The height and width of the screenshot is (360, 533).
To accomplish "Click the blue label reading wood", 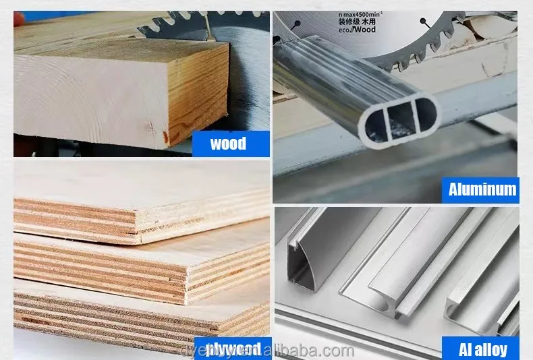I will point(228,144).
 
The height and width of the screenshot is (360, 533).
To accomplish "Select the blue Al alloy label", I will point(482,349).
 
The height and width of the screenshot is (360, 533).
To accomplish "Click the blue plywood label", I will point(233,349).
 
